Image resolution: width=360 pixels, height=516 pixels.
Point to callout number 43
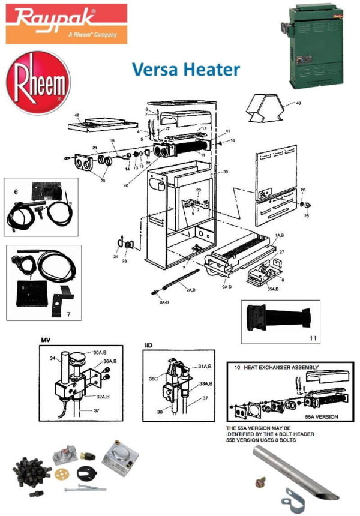[x=298, y=103]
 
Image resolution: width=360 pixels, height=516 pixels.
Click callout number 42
[x=77, y=115]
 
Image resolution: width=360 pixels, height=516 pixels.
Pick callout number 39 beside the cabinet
[x=226, y=172]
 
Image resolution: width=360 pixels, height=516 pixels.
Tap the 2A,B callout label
[x=191, y=290]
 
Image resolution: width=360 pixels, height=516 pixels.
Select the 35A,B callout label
[x=272, y=289]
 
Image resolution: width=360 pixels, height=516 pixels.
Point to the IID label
[x=148, y=346]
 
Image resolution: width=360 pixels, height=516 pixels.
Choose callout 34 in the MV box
[x=52, y=358]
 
